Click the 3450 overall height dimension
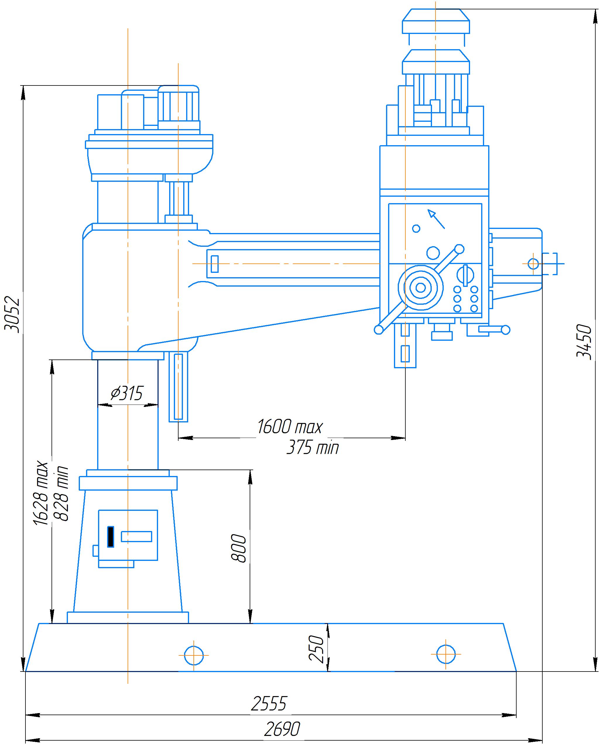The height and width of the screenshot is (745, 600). [584, 342]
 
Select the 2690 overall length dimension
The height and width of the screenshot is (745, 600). [282, 729]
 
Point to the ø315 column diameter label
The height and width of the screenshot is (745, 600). [127, 393]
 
